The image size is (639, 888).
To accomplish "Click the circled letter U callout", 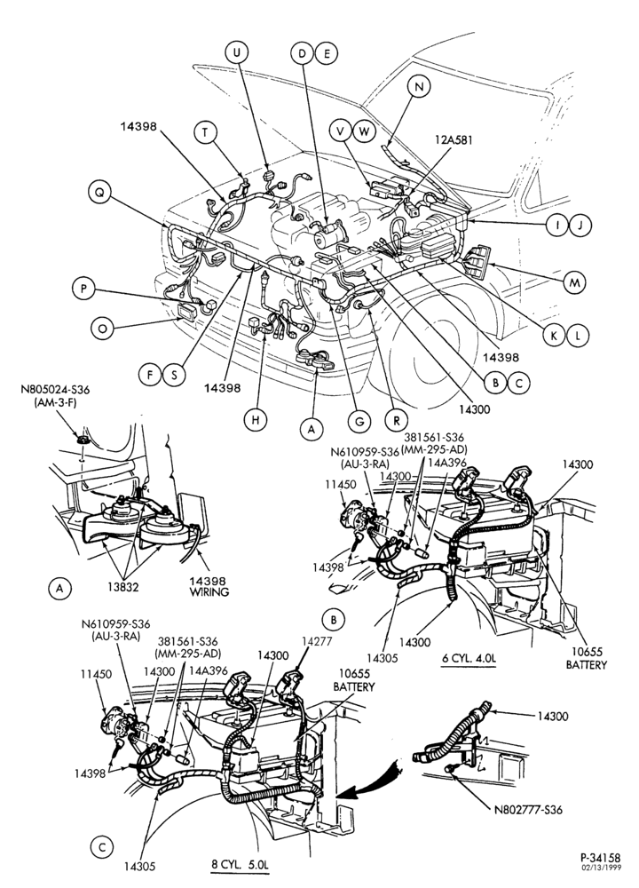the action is (237, 52).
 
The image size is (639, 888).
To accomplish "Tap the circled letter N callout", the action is (419, 87).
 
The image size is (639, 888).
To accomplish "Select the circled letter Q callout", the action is (99, 193).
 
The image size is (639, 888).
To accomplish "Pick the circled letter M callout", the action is (575, 282).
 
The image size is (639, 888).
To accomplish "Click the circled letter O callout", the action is (102, 328).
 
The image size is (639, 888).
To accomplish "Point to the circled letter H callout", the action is (256, 420).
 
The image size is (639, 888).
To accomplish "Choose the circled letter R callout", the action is (396, 421).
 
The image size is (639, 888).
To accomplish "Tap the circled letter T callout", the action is (205, 132).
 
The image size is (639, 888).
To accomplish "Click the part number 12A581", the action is (453, 139).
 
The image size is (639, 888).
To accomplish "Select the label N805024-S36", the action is (55, 390).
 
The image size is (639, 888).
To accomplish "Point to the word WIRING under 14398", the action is (209, 591).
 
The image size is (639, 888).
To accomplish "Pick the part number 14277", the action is (316, 641).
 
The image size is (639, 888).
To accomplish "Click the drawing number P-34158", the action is (601, 858).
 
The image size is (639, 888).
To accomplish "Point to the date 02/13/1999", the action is (601, 868).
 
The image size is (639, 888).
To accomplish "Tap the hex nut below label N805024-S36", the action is (83, 440).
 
